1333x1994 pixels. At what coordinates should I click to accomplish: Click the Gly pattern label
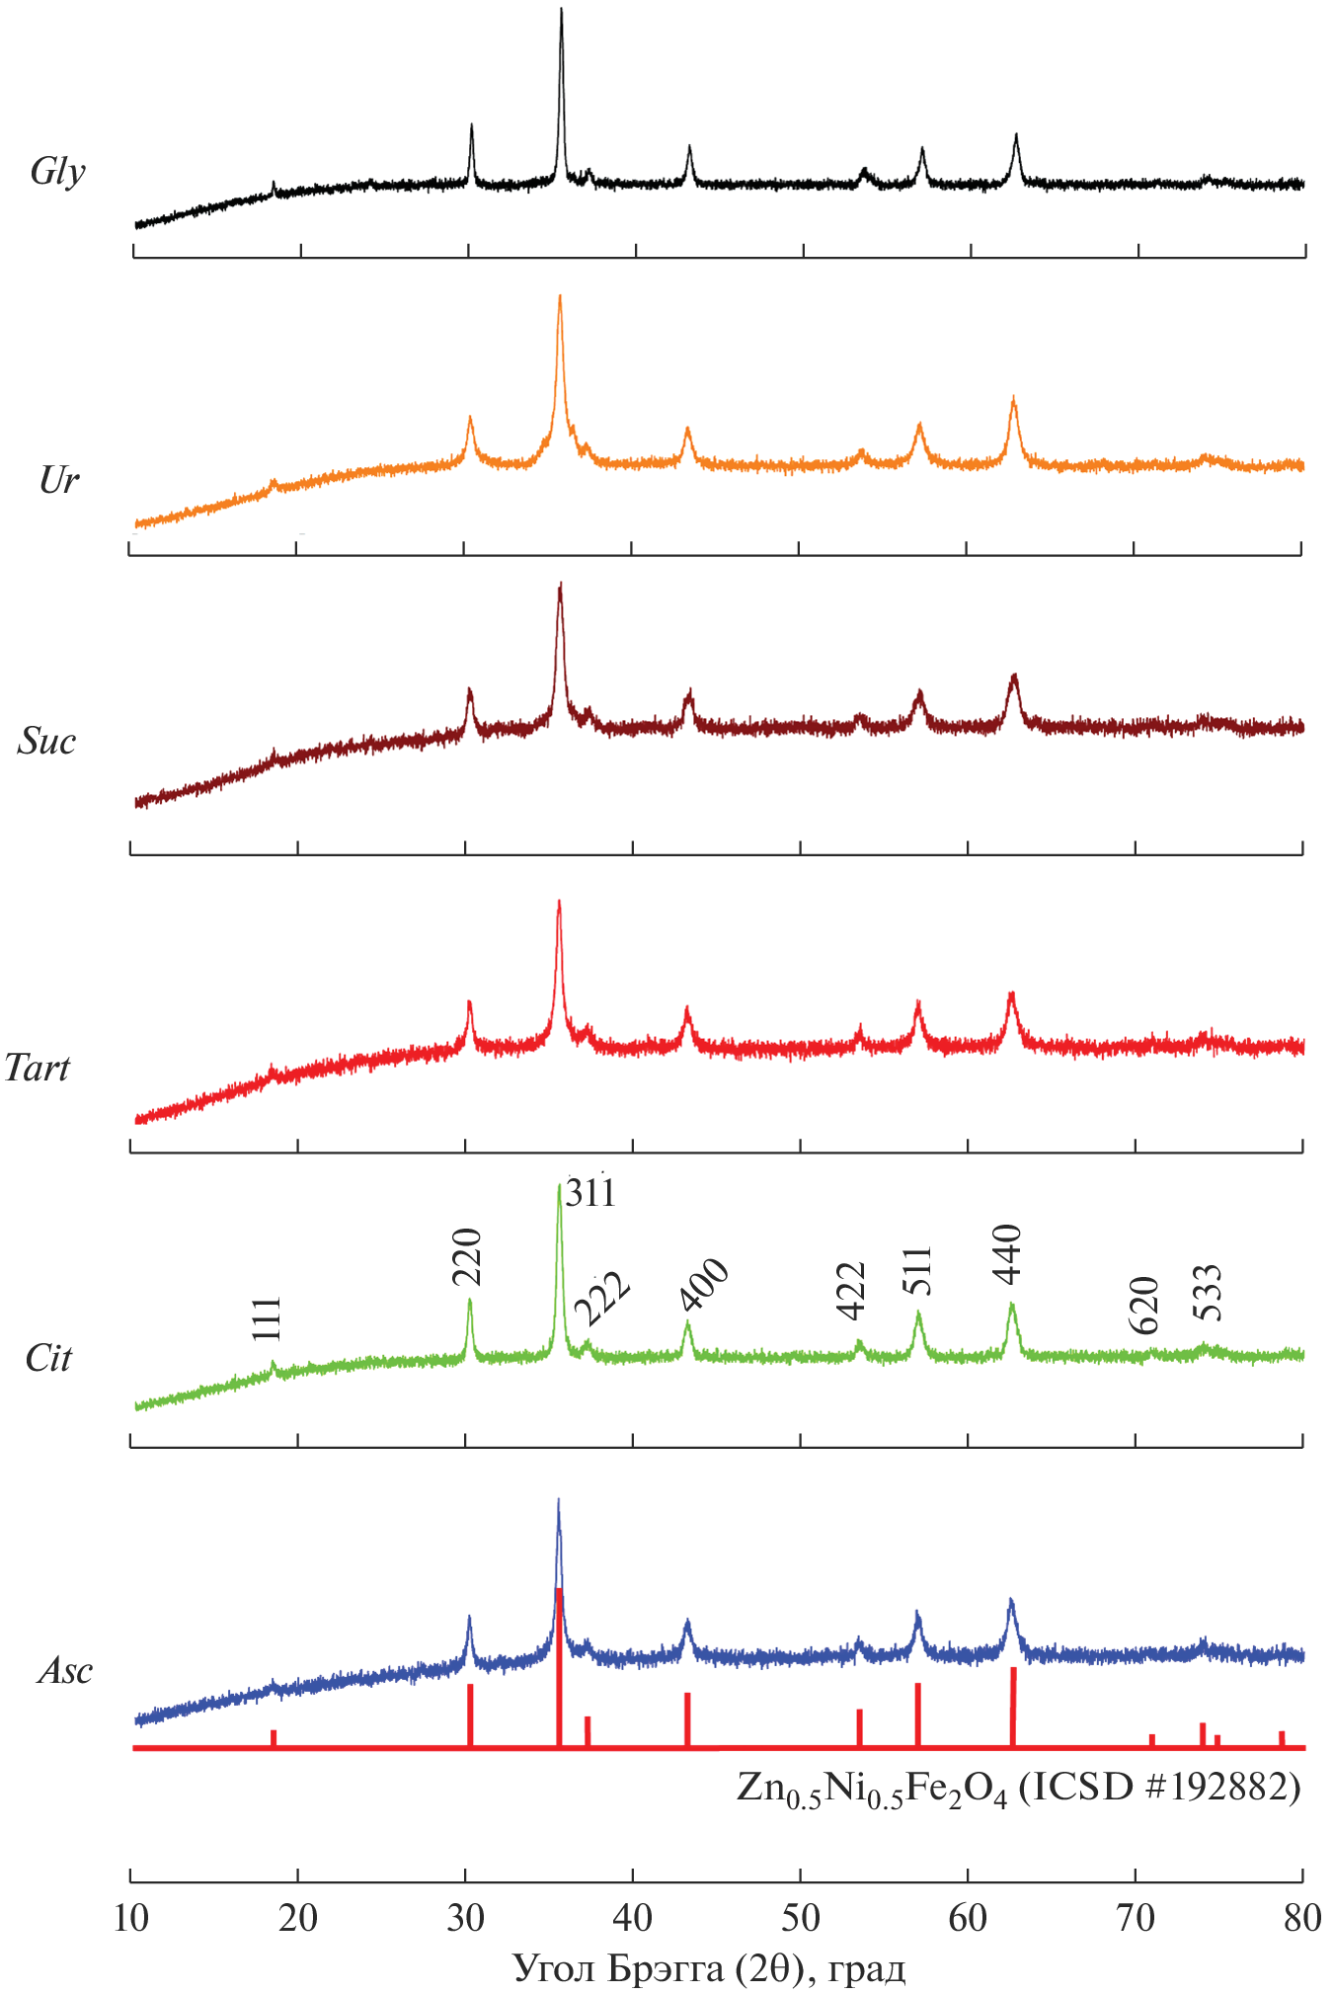point(57,171)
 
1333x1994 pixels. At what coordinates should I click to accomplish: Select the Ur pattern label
point(58,480)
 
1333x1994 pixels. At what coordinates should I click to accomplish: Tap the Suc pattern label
point(46,741)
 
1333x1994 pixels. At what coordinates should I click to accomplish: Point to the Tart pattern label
point(38,1068)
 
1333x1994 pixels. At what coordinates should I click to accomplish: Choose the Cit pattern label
point(48,1358)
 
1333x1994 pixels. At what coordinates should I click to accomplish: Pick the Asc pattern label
point(64,1670)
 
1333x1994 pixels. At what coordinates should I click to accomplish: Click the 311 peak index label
point(591,1193)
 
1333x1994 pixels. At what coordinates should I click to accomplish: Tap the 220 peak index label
point(466,1256)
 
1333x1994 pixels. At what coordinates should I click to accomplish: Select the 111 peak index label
point(267,1318)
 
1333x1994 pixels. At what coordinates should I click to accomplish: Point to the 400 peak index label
point(705,1285)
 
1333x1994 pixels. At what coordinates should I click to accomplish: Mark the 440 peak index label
point(1007,1253)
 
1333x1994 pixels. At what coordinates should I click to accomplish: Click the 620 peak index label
point(1143,1305)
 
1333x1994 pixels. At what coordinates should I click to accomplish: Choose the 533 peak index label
point(1207,1292)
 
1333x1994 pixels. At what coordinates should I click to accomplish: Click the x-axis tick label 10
point(130,1918)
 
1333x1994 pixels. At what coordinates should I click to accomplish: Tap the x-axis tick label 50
point(800,1918)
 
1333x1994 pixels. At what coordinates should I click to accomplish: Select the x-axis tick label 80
point(1302,1918)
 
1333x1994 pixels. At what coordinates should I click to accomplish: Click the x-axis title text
point(709,1968)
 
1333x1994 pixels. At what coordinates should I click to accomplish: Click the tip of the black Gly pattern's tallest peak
point(562,10)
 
